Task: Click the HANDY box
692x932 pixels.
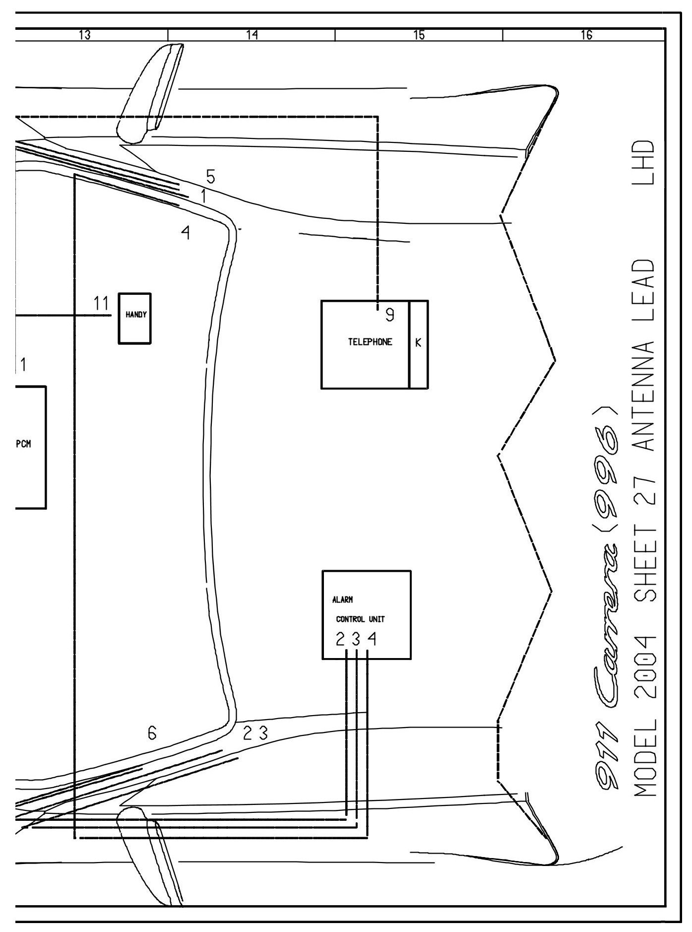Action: (134, 318)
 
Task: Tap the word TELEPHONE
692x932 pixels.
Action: (370, 342)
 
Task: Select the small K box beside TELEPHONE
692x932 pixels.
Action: (418, 344)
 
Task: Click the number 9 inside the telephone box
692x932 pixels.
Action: (390, 315)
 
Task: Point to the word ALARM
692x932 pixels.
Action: (343, 599)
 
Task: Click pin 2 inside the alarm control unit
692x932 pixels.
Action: (340, 640)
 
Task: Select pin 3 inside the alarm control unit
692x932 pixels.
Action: (356, 640)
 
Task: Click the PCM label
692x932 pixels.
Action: (23, 444)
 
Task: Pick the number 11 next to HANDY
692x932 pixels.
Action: (101, 303)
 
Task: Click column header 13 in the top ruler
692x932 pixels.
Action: (85, 35)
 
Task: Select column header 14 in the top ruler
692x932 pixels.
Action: (252, 35)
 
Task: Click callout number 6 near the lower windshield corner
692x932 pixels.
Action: (152, 732)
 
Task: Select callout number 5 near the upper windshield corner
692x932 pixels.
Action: (210, 176)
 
